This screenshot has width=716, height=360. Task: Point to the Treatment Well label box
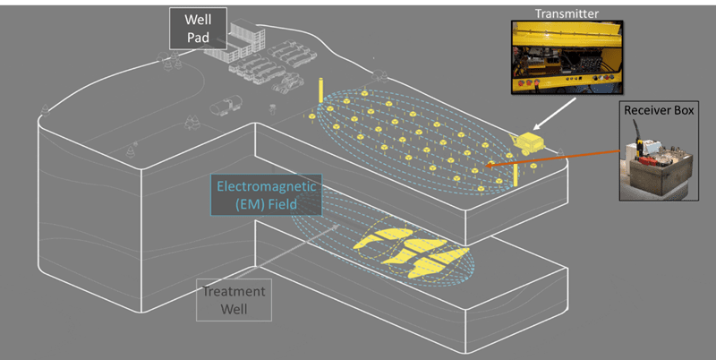click(x=233, y=300)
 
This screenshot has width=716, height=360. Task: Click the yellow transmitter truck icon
click(x=527, y=143)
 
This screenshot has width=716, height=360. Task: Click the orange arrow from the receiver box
click(x=555, y=159)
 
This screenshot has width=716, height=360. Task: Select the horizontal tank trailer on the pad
click(x=221, y=107)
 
